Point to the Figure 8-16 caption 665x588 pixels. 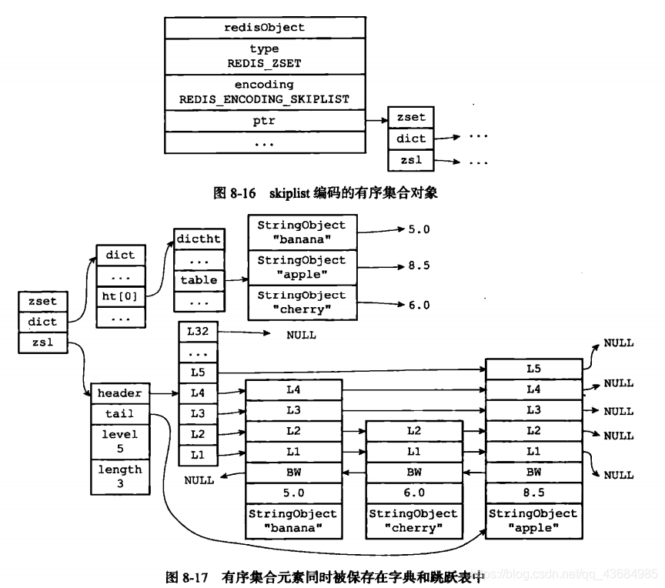[326, 193]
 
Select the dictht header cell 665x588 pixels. [199, 239]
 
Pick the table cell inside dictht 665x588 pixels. [199, 280]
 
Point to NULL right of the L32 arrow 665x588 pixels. [301, 336]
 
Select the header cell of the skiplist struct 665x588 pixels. [119, 393]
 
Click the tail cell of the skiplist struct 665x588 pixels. [119, 414]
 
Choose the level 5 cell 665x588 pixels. [119, 441]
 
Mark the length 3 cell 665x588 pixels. [119, 476]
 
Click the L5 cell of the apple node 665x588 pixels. [533, 369]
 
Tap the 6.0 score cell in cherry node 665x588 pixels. [414, 492]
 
